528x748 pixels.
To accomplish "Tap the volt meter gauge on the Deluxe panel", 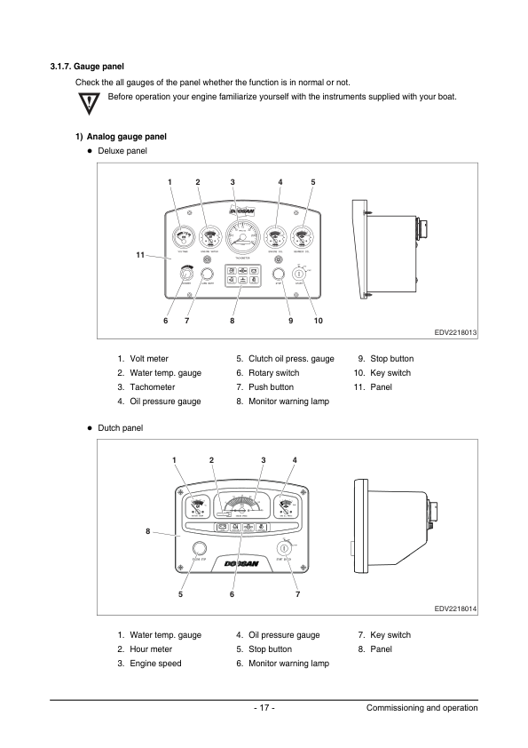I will coord(185,238).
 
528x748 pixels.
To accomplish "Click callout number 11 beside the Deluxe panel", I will coord(140,256).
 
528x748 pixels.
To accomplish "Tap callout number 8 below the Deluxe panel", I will coord(232,320).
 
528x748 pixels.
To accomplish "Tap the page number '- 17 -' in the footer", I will coord(264,708).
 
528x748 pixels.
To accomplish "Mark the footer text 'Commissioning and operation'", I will coord(422,708).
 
